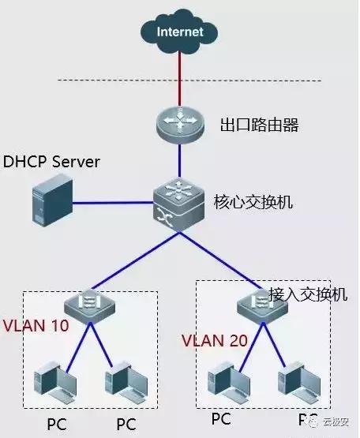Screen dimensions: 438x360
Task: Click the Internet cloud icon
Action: (x=179, y=32)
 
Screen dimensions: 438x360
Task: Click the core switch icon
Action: (x=179, y=203)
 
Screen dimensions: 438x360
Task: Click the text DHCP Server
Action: (x=52, y=162)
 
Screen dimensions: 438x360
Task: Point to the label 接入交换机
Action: (x=307, y=294)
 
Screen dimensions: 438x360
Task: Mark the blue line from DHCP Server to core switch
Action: (x=114, y=203)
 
